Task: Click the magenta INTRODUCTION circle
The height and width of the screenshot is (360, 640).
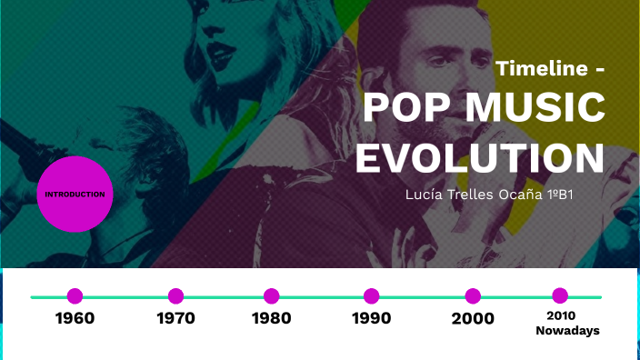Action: coord(75,194)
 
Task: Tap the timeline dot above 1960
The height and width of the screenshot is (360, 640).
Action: coord(75,295)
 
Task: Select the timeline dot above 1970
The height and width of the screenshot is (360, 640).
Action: coord(175,295)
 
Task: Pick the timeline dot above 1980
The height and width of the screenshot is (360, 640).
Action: coord(271,295)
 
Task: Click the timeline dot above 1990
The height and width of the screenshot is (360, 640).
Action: coord(371,295)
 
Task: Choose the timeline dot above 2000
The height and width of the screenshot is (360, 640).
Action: coord(473,295)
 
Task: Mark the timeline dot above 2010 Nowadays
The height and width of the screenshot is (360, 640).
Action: coord(560,295)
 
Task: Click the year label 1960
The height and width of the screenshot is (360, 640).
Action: coord(75,318)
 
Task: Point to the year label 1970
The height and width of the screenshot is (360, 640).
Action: coord(175,318)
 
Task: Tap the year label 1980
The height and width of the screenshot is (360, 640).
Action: coord(271,318)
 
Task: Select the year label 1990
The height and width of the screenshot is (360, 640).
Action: coord(371,318)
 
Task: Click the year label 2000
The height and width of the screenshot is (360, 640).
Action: coord(473,318)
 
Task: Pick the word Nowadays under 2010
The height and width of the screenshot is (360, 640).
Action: coord(567,331)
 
